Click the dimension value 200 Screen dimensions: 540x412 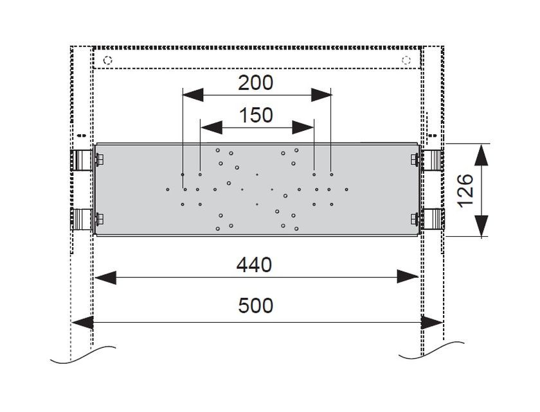click(x=256, y=83)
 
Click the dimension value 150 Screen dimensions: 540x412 click(x=256, y=116)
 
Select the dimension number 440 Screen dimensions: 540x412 click(x=254, y=265)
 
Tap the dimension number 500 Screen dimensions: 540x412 click(x=256, y=305)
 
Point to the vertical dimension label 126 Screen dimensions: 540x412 click(x=466, y=190)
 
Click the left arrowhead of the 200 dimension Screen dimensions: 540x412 click(x=193, y=95)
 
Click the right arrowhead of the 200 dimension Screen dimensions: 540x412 click(x=321, y=95)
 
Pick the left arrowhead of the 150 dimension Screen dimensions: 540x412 click(x=211, y=128)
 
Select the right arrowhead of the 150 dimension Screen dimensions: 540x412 click(x=303, y=128)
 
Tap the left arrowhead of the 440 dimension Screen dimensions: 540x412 click(x=105, y=277)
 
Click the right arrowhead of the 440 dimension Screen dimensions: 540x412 click(x=408, y=277)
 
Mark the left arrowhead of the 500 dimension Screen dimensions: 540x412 click(x=83, y=323)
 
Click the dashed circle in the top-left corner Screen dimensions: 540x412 click(x=108, y=60)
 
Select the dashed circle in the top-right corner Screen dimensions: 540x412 click(x=406, y=60)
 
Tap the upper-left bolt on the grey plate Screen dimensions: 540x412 click(x=100, y=160)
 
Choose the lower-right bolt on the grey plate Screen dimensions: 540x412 click(x=414, y=219)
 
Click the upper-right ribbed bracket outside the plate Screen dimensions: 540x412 click(x=432, y=160)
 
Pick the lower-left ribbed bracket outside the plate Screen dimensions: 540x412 click(x=81, y=219)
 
